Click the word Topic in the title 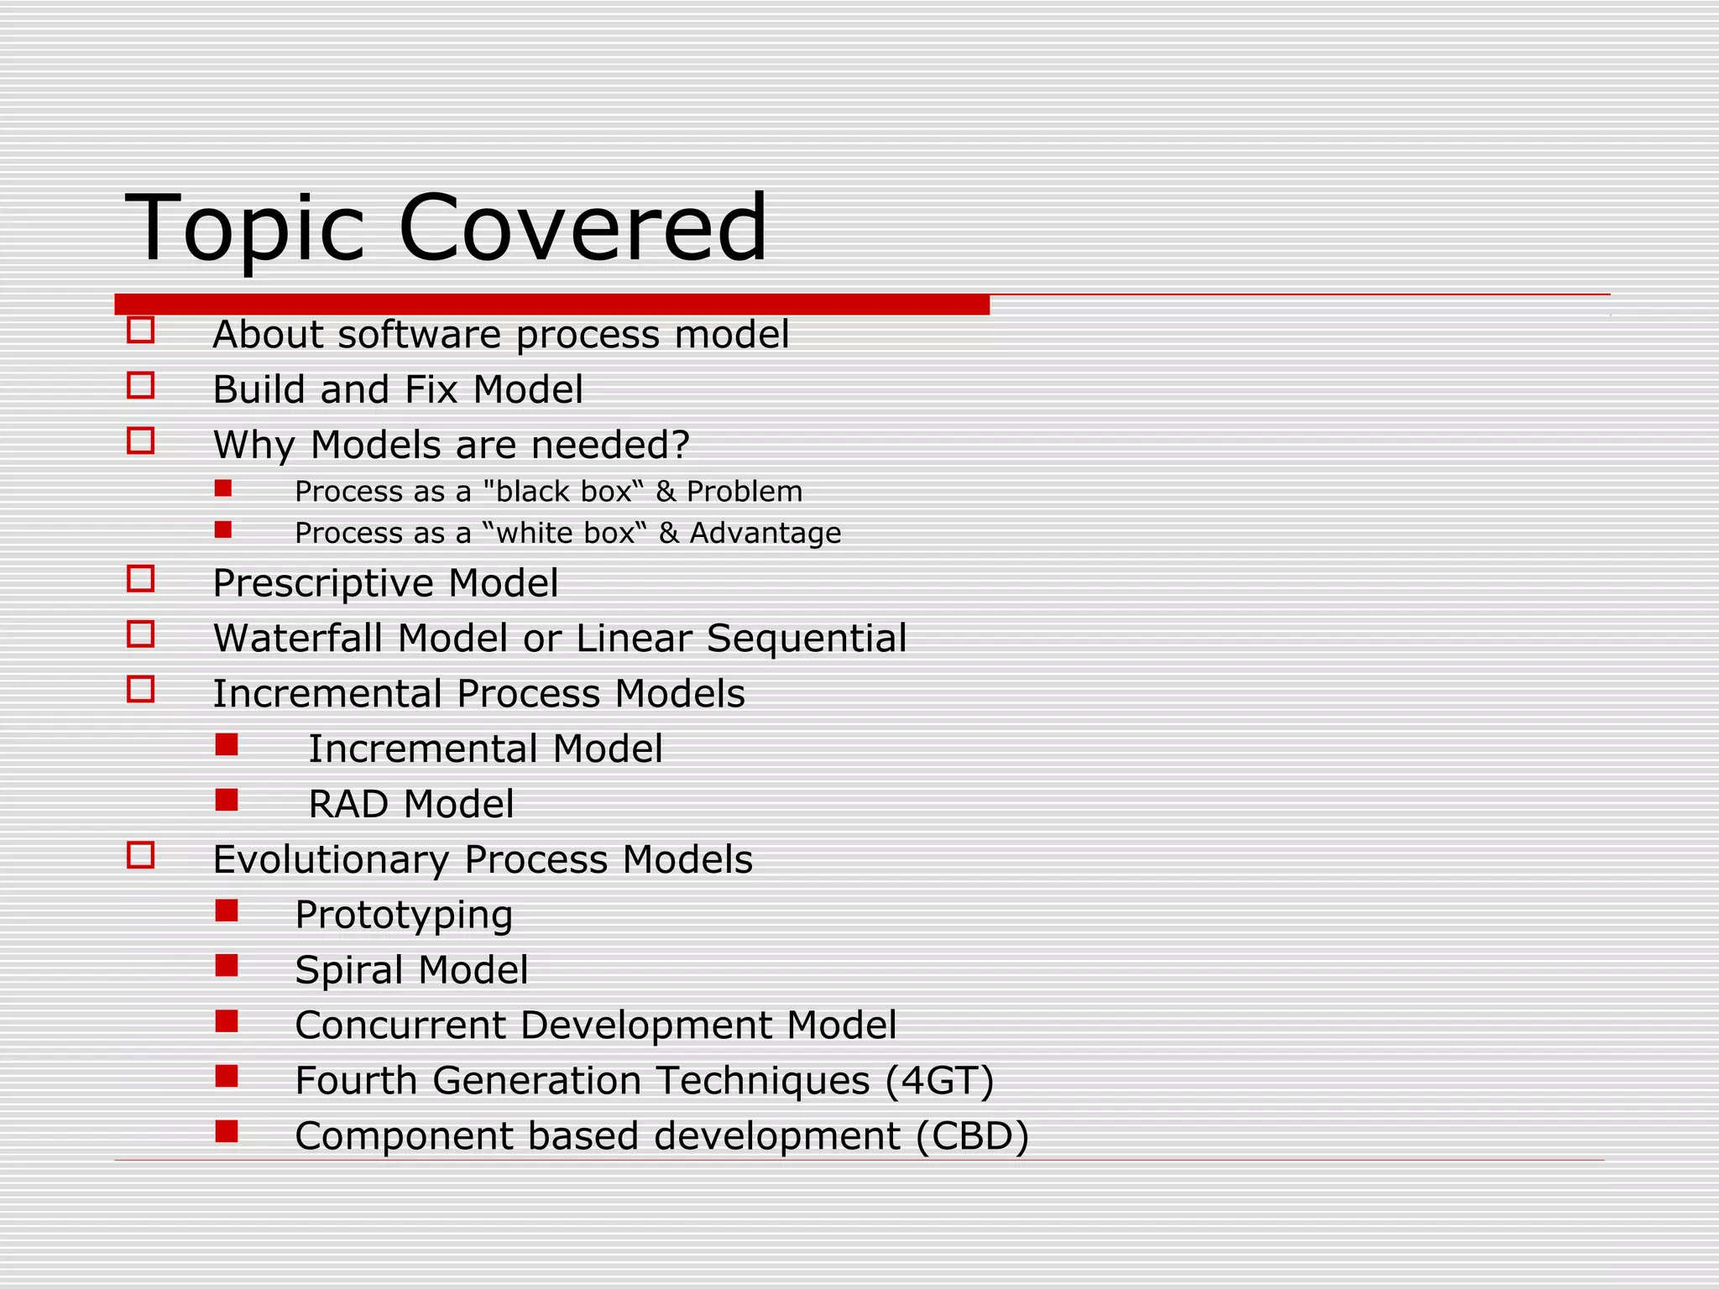point(245,229)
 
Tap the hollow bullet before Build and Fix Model point(141,386)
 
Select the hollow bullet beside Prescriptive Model point(141,579)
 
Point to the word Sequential point(807,639)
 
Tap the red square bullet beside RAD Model point(227,800)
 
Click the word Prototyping point(404,916)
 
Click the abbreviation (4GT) point(940,1081)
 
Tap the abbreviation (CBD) point(972,1136)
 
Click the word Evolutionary point(331,860)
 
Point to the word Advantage point(765,534)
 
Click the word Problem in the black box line point(745,492)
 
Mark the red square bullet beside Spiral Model point(227,966)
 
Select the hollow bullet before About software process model point(141,331)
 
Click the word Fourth point(356,1081)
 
